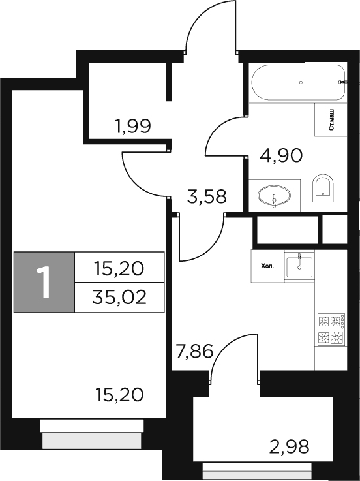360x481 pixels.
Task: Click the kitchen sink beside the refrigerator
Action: [x=299, y=264]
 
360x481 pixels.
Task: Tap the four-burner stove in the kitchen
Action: [x=331, y=330]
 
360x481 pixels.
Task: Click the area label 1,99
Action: [x=133, y=126]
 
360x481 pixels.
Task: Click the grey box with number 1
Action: [x=44, y=282]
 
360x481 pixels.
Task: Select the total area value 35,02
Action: [x=120, y=298]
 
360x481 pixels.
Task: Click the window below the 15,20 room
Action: [x=92, y=435]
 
